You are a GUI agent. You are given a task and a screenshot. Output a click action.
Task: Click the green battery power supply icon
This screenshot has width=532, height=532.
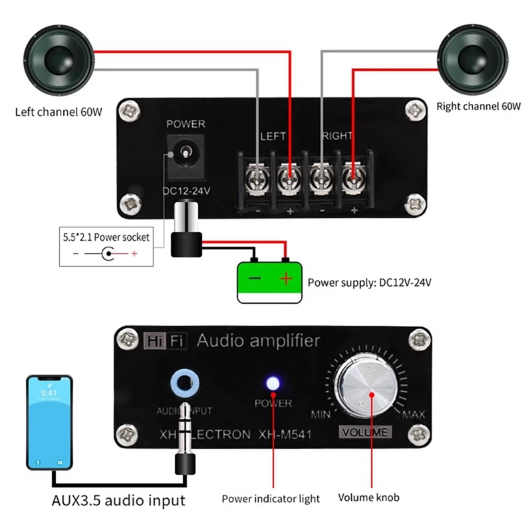(x=269, y=282)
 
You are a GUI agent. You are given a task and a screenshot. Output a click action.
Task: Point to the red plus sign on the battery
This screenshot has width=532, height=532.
(x=286, y=279)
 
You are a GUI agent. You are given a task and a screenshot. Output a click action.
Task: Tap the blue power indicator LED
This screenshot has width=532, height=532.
(x=272, y=384)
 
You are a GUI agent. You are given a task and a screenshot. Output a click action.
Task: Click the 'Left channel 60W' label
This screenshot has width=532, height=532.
(x=59, y=112)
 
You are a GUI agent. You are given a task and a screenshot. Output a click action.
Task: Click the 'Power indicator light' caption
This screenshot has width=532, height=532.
(x=271, y=498)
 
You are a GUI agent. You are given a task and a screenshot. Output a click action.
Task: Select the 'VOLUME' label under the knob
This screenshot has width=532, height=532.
(x=365, y=432)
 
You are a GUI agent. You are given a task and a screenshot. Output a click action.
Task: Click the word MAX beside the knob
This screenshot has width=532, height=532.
(x=413, y=415)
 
